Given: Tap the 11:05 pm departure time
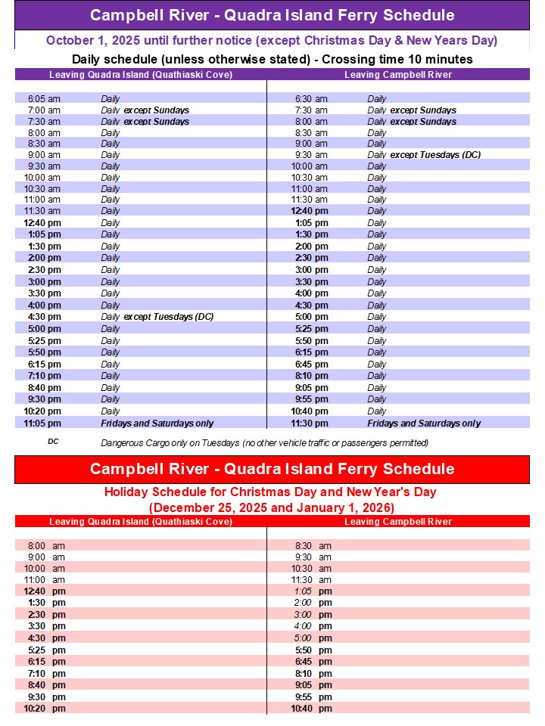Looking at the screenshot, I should (42, 423).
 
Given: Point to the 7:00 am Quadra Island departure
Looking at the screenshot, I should (44, 110).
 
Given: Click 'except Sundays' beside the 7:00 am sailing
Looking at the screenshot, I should (156, 110).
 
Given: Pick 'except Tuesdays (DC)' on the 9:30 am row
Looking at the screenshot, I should (435, 155).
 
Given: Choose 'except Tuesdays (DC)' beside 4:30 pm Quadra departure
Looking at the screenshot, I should (168, 317).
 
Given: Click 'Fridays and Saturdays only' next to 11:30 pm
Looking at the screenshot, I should (424, 423).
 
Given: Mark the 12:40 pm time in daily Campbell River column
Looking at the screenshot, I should (310, 211).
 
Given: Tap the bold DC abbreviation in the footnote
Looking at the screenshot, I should (53, 442).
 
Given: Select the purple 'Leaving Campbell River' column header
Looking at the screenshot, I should (398, 74).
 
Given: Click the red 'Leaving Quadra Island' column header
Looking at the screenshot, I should (141, 522).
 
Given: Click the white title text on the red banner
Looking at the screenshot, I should (272, 468).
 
